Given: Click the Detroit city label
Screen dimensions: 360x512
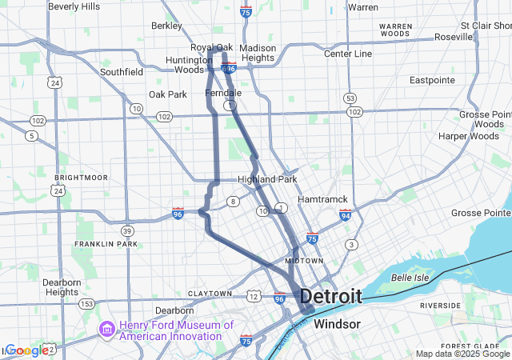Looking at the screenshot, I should click(x=330, y=297).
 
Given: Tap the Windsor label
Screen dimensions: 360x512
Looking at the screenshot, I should click(x=337, y=324).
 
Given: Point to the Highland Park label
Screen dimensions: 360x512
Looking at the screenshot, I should click(x=267, y=179).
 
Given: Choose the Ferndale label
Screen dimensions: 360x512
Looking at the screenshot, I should click(x=223, y=94).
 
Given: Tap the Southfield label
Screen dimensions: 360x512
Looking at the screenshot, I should click(x=122, y=72).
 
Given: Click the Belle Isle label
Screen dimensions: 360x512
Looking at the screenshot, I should click(x=410, y=278).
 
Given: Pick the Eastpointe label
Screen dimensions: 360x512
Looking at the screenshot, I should click(x=432, y=80).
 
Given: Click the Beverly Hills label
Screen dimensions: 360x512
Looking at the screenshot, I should click(x=74, y=6).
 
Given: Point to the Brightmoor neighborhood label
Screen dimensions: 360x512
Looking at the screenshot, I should click(x=75, y=177).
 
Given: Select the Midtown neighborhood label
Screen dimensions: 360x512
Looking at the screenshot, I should click(x=305, y=261).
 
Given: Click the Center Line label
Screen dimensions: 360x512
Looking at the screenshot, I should click(x=348, y=54).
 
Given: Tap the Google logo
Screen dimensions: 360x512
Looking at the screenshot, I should click(x=26, y=350).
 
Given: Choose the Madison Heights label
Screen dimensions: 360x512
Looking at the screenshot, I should click(x=258, y=53).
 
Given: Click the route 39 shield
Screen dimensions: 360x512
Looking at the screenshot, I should click(x=128, y=230).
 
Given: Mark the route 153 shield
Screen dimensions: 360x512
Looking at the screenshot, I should click(x=87, y=304).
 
